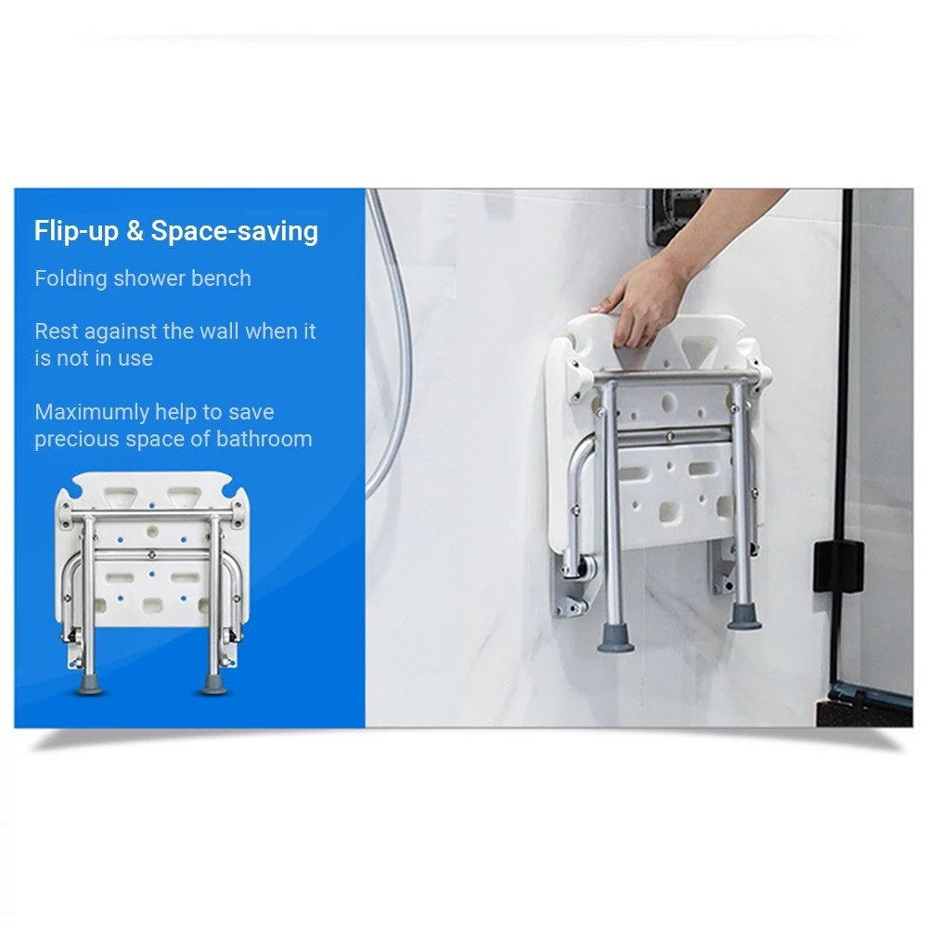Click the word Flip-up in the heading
point(76,231)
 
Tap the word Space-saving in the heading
point(235,231)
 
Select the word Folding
point(70,278)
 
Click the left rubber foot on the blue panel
point(89,686)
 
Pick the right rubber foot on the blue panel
point(213,686)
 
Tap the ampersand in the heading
point(135,231)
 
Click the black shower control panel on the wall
point(677,217)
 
